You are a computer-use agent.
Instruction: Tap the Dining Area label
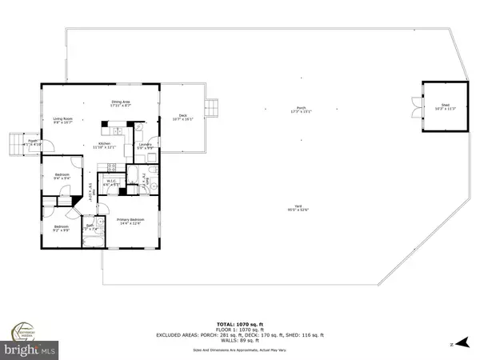pyautogui.click(x=121, y=103)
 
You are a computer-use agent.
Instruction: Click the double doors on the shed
pyautogui.click(x=413, y=106)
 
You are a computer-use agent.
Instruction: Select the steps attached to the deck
pyautogui.click(x=212, y=106)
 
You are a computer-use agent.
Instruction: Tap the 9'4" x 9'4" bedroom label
pyautogui.click(x=63, y=177)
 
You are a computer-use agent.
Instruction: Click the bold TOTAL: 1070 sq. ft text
pyautogui.click(x=239, y=318)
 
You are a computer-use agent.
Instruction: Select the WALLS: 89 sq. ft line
pyautogui.click(x=239, y=341)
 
